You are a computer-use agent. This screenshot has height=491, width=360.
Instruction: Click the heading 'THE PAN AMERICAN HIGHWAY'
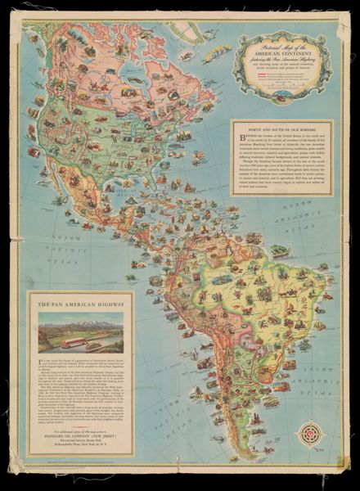coord(81,303)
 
